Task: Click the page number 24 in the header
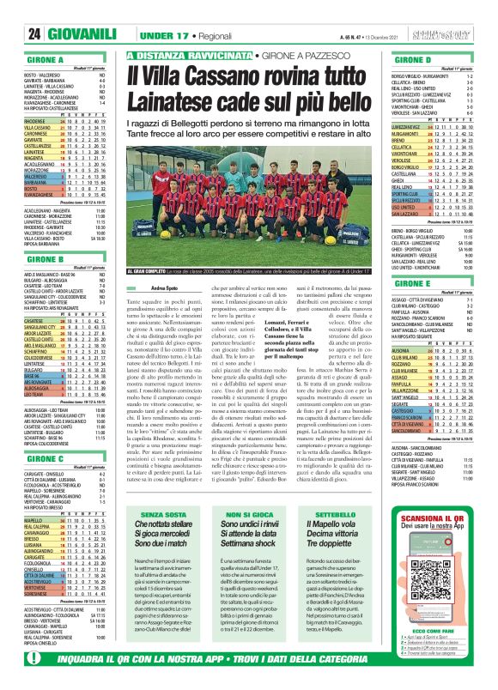click(14, 33)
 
